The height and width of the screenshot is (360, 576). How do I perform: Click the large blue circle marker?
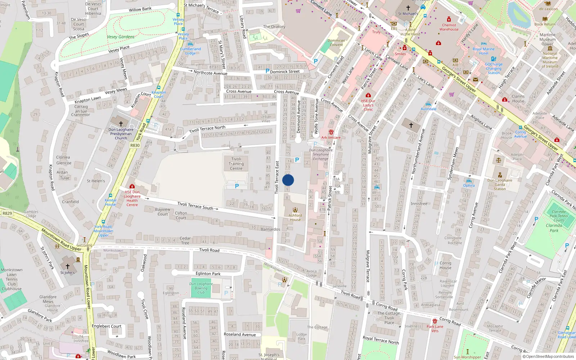point(288,180)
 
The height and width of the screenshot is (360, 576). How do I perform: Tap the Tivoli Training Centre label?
point(236,164)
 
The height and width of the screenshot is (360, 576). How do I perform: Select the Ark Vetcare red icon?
point(331,132)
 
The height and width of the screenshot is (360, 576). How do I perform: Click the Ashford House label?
point(295,217)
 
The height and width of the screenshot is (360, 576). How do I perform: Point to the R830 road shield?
point(135,145)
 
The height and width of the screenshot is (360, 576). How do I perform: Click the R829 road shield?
point(7,213)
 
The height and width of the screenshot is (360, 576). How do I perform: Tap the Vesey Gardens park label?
point(121,37)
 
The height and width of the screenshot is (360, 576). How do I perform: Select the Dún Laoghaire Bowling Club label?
point(201,288)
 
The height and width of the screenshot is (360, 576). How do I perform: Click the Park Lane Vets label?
point(435,329)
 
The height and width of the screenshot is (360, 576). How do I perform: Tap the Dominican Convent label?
point(336,42)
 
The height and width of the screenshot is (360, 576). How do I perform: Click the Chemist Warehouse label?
point(449,27)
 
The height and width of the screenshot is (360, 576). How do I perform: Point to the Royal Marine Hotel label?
point(483,51)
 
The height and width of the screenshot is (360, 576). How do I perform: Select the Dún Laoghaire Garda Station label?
point(500,184)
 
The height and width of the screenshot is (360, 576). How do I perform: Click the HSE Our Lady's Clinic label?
point(368,105)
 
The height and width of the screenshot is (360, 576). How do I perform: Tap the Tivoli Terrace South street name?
point(195,206)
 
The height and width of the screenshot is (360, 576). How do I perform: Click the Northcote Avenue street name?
point(210,73)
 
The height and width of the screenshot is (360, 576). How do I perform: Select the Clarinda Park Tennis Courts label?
point(559,216)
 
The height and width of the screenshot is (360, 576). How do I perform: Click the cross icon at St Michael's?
point(408,8)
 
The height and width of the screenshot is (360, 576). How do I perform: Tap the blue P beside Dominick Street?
point(267,71)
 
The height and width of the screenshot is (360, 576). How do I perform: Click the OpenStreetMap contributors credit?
point(548,356)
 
